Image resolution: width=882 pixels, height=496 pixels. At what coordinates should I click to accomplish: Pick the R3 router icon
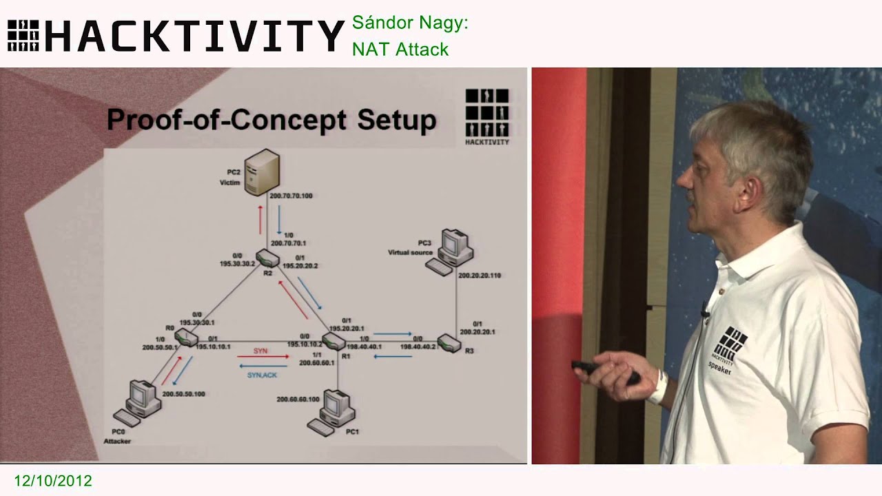point(449,343)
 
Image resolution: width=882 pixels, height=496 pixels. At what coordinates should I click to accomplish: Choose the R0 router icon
point(184,338)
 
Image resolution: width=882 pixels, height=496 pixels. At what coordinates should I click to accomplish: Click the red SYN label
point(261,351)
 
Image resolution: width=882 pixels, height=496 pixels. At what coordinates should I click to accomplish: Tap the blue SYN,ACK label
point(262,375)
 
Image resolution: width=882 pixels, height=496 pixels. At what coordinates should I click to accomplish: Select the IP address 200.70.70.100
point(291,196)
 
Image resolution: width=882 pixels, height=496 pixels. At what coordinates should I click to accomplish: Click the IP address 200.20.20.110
point(480,275)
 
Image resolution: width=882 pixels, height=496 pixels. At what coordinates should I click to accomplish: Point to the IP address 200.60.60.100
point(298,399)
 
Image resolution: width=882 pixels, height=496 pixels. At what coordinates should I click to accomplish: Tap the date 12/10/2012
point(52,481)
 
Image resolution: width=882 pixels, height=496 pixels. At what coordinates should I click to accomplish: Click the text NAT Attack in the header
point(400,49)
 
